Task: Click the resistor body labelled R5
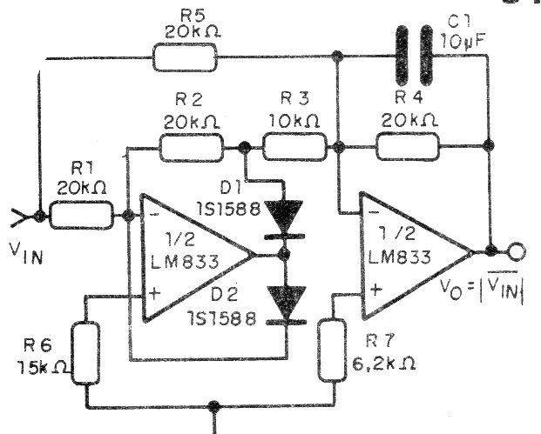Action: tap(185, 57)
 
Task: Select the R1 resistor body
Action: tap(81, 216)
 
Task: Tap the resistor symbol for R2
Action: tap(191, 148)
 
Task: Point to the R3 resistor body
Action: tap(294, 148)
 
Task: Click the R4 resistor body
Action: tap(408, 147)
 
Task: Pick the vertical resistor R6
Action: tap(85, 353)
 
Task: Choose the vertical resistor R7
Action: tap(332, 351)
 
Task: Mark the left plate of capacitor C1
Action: tap(402, 56)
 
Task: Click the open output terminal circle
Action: tap(516, 250)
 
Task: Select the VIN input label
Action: tap(26, 252)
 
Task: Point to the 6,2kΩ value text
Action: tap(383, 363)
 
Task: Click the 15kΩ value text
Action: tap(43, 367)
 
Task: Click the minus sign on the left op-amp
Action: tap(153, 214)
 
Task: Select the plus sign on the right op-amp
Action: tap(376, 289)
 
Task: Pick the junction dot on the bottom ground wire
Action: tap(214, 405)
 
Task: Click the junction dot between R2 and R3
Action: tap(244, 148)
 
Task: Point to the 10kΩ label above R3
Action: tap(294, 121)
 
